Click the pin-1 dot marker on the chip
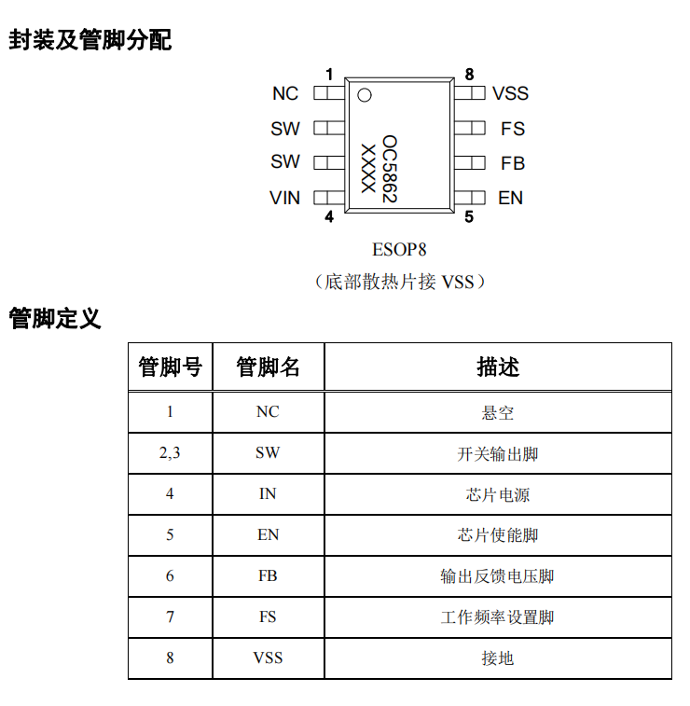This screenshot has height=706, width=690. (365, 95)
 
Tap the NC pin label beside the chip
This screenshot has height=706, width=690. (285, 93)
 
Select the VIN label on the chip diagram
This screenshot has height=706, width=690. (284, 198)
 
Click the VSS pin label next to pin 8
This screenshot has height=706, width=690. (510, 93)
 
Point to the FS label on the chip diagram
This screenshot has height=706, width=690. (513, 129)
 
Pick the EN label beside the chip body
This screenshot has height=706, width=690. (510, 198)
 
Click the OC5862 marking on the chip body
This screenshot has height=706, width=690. (390, 169)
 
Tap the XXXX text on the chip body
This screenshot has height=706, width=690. (368, 169)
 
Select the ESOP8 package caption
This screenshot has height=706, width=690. (399, 249)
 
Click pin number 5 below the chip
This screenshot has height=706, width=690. (469, 217)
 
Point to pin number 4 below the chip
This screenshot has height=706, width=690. (329, 217)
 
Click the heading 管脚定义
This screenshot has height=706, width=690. (55, 318)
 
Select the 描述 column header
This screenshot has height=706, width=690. (498, 367)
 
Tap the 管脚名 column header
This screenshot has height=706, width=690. (268, 367)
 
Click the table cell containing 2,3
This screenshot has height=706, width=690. (170, 453)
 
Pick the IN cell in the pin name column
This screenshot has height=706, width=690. (268, 494)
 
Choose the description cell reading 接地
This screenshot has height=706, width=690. (498, 658)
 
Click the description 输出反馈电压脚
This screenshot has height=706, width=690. (497, 576)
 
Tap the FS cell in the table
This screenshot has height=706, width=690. (268, 616)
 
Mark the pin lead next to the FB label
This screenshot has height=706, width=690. (469, 163)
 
